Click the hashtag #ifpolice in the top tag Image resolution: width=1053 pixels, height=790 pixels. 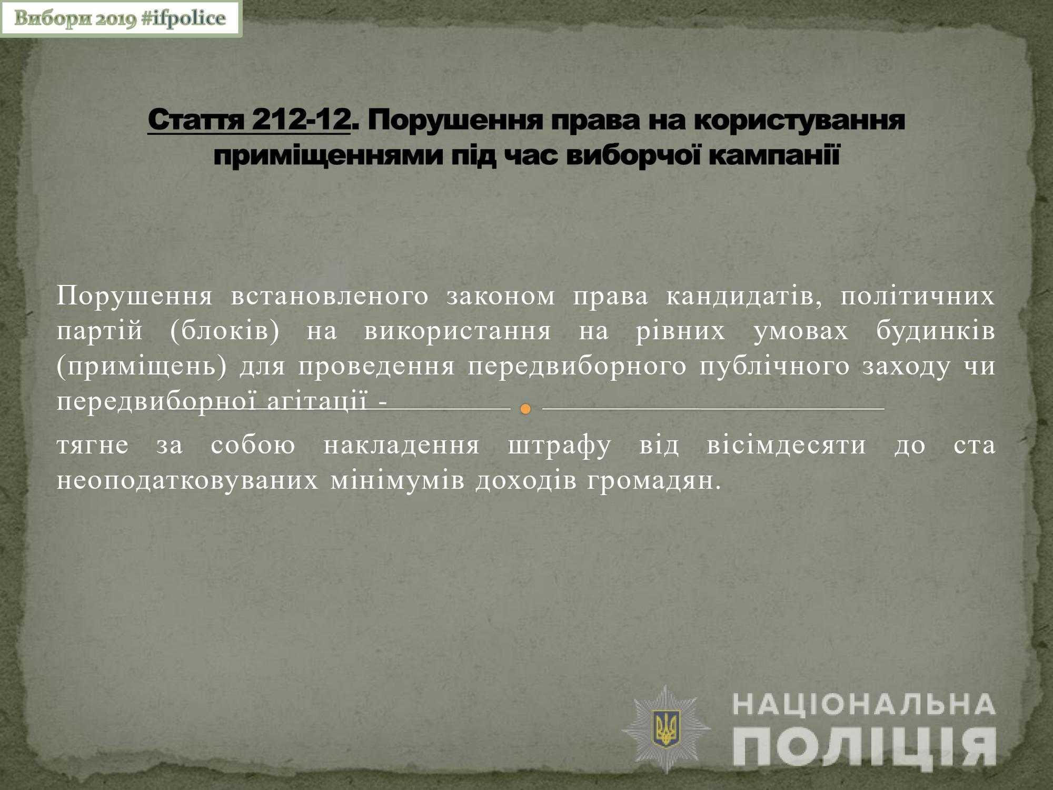(183, 18)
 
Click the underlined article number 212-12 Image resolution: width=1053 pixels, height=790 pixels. (301, 121)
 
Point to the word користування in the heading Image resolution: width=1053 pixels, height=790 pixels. (799, 121)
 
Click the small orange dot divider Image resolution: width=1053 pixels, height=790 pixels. (525, 409)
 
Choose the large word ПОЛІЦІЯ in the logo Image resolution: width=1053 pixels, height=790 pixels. (865, 747)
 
